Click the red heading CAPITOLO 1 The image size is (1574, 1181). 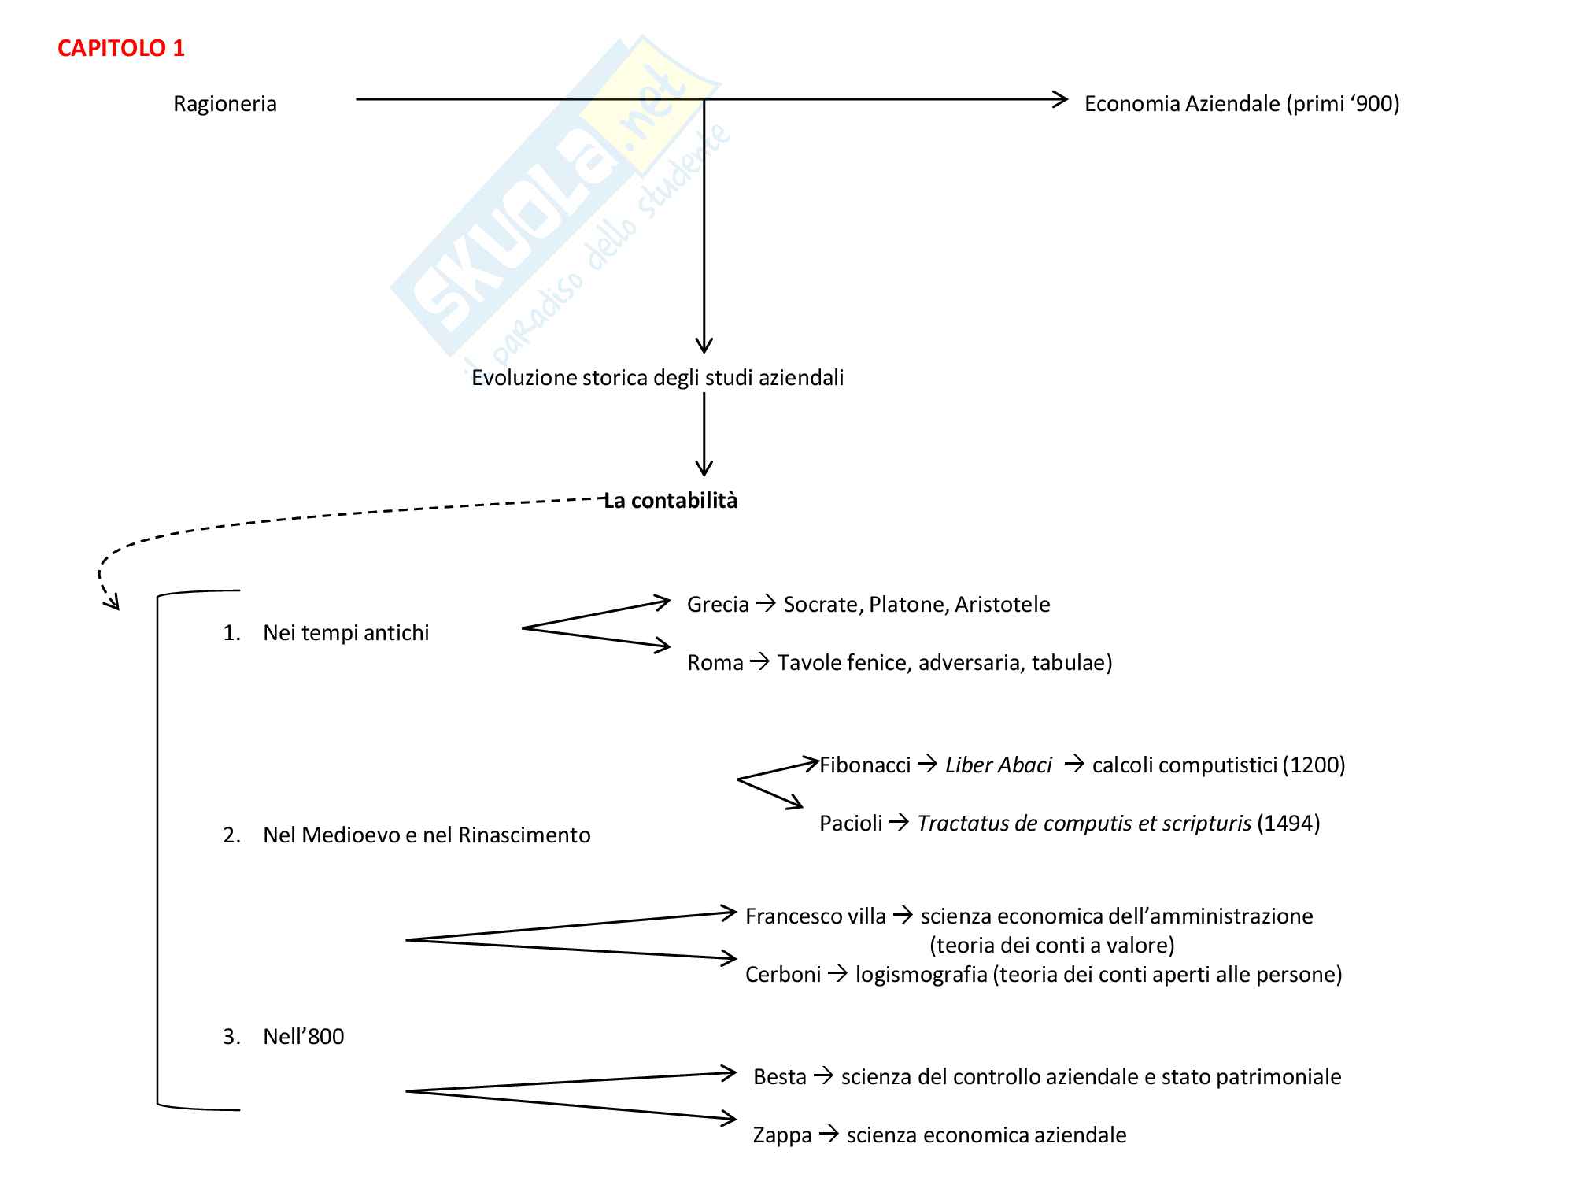pos(121,49)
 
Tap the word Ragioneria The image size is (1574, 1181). pos(225,104)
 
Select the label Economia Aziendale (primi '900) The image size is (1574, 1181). pos(1242,104)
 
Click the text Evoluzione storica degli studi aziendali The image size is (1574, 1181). pos(657,378)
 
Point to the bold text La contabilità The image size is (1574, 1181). pos(671,501)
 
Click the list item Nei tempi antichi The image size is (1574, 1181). pos(345,633)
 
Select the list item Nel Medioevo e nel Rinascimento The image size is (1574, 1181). pos(426,835)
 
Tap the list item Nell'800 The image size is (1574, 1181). pos(303,1037)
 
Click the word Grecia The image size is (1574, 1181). pos(718,605)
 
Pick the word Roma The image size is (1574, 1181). pos(715,663)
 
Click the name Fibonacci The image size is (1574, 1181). pos(865,765)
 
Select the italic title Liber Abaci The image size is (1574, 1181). pos(998,765)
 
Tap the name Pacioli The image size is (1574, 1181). pos(851,824)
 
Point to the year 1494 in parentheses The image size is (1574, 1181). pos(1288,824)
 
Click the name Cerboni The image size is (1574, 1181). pos(783,975)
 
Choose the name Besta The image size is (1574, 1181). pos(779,1077)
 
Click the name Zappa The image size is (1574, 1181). pos(782,1135)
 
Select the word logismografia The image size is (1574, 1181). pos(921,975)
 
